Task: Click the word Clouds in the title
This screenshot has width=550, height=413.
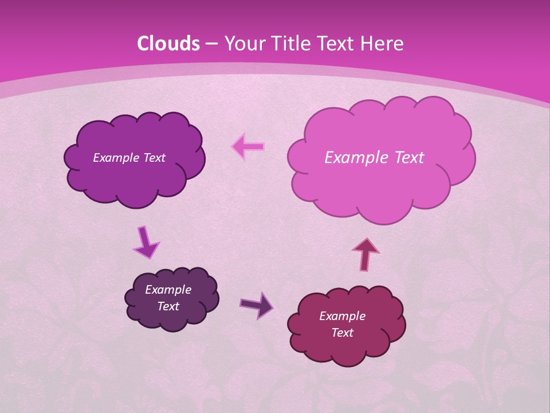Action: pos(168,44)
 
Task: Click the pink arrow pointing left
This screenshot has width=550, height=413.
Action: pos(247,147)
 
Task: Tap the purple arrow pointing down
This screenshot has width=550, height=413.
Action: pos(145,243)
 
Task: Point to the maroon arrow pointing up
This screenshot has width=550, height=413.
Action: pos(366,254)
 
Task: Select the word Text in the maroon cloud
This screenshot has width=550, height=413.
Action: pos(342,333)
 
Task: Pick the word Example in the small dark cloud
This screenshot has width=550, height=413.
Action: pos(168,290)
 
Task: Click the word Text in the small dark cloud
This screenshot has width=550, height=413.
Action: pos(168,306)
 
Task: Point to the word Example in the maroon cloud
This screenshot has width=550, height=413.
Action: pos(342,316)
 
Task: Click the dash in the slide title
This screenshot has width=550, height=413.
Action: pos(211,44)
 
